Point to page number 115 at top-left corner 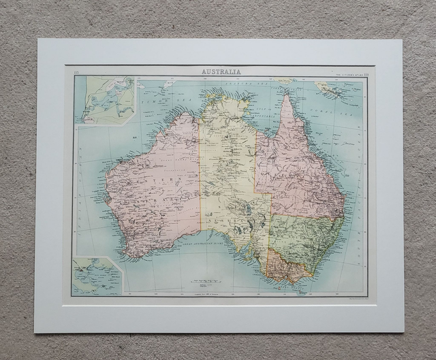click(76, 71)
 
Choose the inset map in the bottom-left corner click(97, 275)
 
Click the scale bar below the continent click(204, 280)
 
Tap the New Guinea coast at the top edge click(286, 80)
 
